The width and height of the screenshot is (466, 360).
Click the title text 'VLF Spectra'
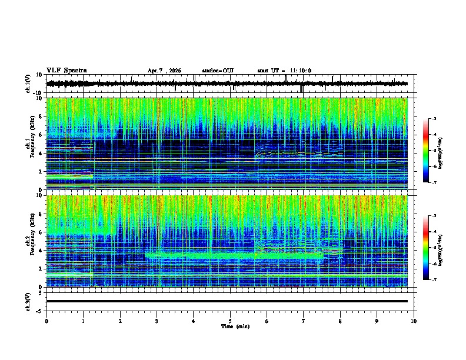(x=66, y=70)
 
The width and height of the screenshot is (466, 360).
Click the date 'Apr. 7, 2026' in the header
(x=164, y=71)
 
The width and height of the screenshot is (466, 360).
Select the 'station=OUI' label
(x=218, y=71)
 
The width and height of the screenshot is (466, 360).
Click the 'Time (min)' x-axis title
(x=235, y=326)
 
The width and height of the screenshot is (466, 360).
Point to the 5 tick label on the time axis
(x=230, y=321)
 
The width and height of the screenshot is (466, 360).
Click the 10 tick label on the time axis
(x=414, y=321)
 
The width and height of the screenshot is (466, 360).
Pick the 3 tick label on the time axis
(x=157, y=321)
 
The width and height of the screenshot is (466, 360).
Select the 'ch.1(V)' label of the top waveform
(x=28, y=84)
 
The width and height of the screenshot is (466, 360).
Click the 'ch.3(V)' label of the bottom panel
(x=28, y=301)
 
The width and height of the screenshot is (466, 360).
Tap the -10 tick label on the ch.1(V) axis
(x=37, y=93)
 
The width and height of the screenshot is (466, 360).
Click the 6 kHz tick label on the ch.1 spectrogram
(x=39, y=135)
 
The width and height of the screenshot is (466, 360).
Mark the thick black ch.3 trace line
(x=227, y=301)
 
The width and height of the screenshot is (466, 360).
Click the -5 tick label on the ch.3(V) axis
(x=38, y=310)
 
